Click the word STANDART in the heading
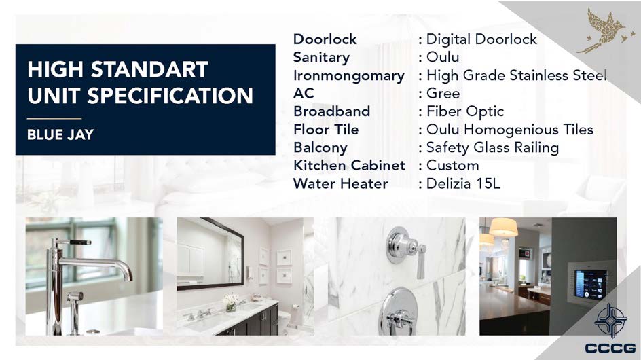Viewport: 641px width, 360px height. coord(149,69)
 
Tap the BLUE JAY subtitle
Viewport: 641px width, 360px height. coord(60,134)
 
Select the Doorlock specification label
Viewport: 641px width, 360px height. coord(325,39)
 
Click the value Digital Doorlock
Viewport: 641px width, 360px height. coord(481,39)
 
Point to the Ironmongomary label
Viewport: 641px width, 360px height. coord(349,76)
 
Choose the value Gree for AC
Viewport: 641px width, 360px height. coord(443,94)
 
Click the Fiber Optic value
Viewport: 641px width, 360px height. coord(465,111)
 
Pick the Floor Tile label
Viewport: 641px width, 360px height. coord(326,130)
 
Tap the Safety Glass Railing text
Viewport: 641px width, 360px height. coord(492,147)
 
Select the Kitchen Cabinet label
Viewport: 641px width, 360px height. coord(350,166)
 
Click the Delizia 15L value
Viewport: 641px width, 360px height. coord(463,183)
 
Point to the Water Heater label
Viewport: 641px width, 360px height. coord(341,183)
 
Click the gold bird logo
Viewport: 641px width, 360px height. coord(606,31)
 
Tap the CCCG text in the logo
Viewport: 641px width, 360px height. coord(610,348)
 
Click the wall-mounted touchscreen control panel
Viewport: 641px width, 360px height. coord(587,285)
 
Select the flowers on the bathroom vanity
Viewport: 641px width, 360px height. coord(231,302)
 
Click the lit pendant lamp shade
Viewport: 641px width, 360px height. coord(503,227)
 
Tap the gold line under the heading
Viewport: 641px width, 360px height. coord(54,118)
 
